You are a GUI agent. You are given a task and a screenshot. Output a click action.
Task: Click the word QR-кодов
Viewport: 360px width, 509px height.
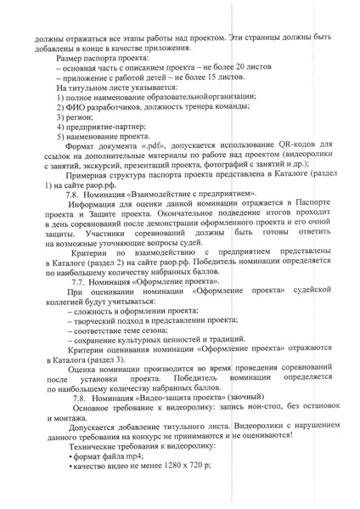coord(286,146)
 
